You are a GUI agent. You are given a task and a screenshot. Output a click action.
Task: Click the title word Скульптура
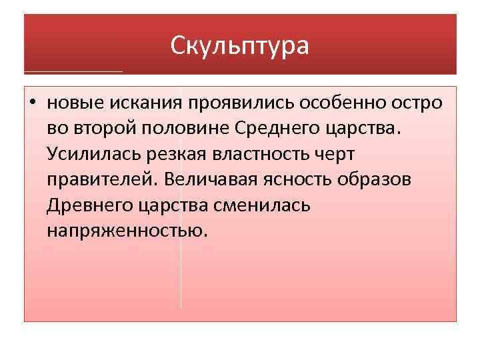pyautogui.click(x=239, y=45)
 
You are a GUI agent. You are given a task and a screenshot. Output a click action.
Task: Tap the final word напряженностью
pyautogui.click(x=127, y=231)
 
